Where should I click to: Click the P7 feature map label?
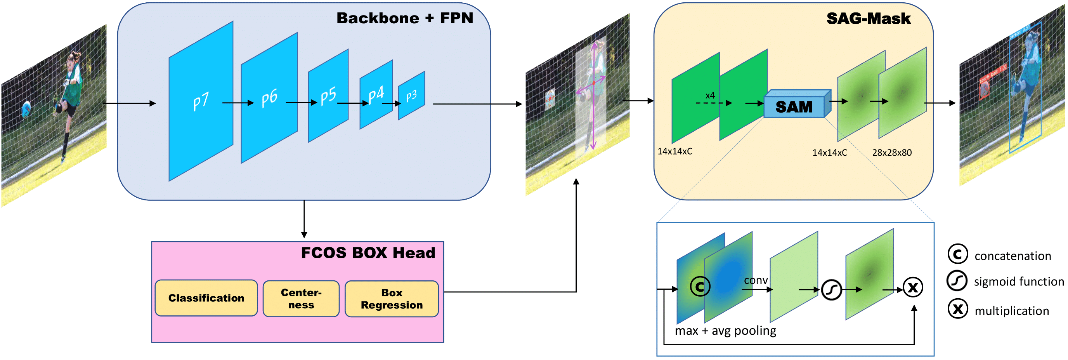click(x=201, y=102)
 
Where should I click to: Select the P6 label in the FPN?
click(x=269, y=99)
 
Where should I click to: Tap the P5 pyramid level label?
click(x=328, y=96)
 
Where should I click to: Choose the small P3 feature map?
click(x=411, y=96)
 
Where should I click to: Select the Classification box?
click(x=206, y=298)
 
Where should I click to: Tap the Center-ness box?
click(x=301, y=299)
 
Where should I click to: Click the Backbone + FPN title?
click(x=405, y=18)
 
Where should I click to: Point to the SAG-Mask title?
click(x=869, y=19)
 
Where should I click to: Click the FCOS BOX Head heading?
click(x=368, y=253)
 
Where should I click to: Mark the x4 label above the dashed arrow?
click(x=710, y=96)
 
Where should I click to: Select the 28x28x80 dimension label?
click(x=892, y=153)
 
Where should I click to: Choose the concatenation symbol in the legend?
click(x=958, y=254)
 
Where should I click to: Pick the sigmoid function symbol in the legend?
click(x=957, y=281)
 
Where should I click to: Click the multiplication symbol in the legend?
click(x=958, y=309)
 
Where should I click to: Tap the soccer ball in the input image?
click(x=26, y=109)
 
